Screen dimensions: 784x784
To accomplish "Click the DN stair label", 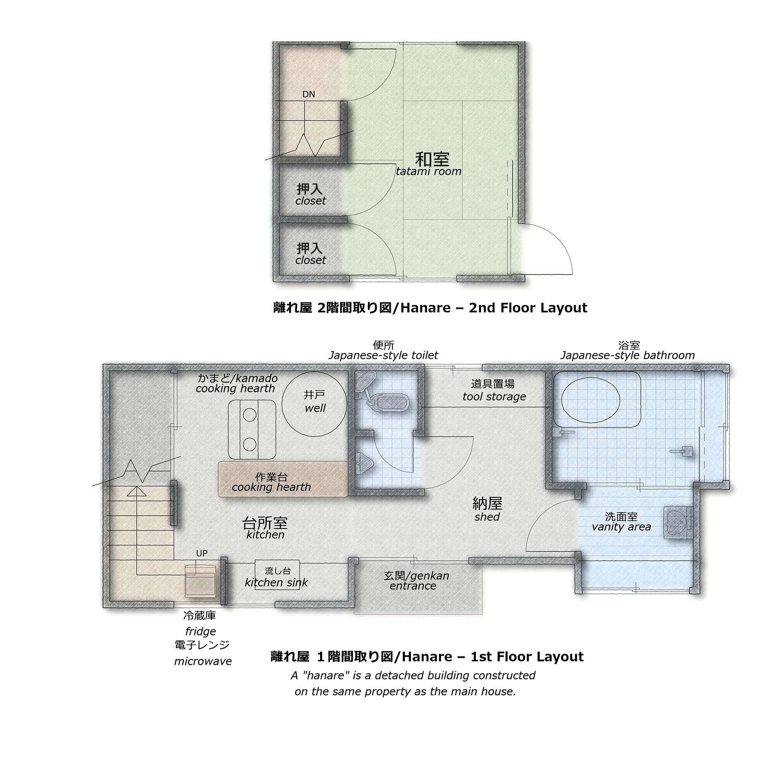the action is pyautogui.click(x=309, y=94).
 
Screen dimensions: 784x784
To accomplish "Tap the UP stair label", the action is pyautogui.click(x=202, y=553).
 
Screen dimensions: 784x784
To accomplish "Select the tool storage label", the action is pyautogui.click(x=494, y=390).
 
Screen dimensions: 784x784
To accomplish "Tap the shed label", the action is pyautogui.click(x=487, y=509).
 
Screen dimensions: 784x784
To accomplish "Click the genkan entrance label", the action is pyautogui.click(x=416, y=581).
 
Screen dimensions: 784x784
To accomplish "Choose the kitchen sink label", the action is pyautogui.click(x=276, y=577).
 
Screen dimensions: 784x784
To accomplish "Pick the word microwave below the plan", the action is pyautogui.click(x=203, y=661).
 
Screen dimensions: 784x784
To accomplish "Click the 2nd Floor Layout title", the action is pyautogui.click(x=430, y=307).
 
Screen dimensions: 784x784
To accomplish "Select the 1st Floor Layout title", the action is pyautogui.click(x=427, y=657).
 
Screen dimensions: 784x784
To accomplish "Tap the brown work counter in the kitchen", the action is pyautogui.click(x=283, y=479).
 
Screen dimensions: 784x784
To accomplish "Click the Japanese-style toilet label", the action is pyautogui.click(x=383, y=350).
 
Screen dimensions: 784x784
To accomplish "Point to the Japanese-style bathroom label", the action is pyautogui.click(x=628, y=350).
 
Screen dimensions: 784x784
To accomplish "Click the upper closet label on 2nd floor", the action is pyautogui.click(x=310, y=194).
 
